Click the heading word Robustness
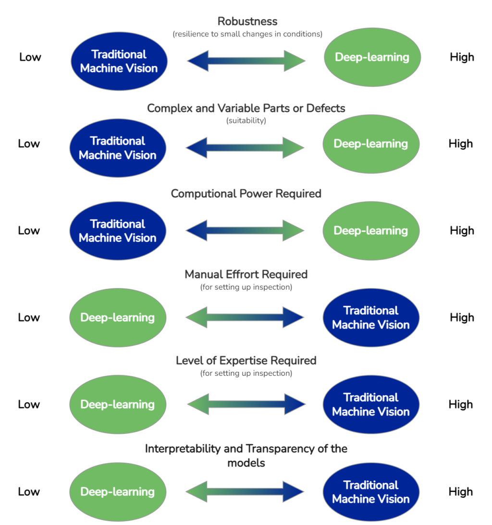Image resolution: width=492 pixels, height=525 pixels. (247, 22)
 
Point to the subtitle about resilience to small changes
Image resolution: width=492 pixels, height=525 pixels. (247, 34)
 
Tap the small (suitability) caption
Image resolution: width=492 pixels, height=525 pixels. (246, 121)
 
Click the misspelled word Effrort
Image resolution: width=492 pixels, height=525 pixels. (237, 274)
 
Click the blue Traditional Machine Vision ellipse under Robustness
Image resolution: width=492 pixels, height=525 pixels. (119, 61)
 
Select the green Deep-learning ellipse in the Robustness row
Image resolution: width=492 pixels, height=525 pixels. (372, 58)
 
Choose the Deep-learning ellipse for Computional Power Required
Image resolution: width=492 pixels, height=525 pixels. (370, 231)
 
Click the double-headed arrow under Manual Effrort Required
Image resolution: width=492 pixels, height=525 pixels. (245, 317)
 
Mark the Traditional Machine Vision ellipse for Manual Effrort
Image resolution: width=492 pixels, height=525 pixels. (370, 318)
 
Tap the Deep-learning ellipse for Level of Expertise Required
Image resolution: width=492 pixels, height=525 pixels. (118, 405)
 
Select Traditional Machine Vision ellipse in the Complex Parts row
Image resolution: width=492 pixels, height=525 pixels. (118, 148)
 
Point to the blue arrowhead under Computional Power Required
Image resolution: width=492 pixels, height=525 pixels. (197, 231)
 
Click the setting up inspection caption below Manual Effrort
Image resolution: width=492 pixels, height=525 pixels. (246, 287)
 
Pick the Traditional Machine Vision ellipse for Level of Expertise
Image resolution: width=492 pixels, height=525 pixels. (370, 405)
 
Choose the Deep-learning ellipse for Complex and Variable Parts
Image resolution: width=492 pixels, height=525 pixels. (370, 144)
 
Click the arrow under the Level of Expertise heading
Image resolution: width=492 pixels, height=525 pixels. (246, 405)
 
